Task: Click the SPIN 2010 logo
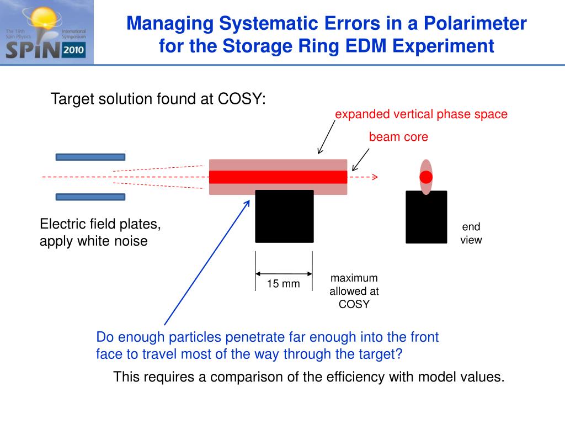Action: pyautogui.click(x=46, y=32)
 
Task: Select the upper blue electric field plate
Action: pyautogui.click(x=90, y=157)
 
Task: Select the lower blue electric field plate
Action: pyautogui.click(x=90, y=197)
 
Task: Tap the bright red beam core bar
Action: pyautogui.click(x=278, y=177)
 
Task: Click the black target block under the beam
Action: pyautogui.click(x=284, y=216)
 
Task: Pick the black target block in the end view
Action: pyautogui.click(x=426, y=217)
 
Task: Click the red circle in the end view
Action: pyautogui.click(x=426, y=177)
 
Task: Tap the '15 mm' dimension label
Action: pyautogui.click(x=283, y=284)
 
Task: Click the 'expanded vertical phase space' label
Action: pyautogui.click(x=421, y=114)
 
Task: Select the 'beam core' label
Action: pyautogui.click(x=398, y=137)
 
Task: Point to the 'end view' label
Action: pyautogui.click(x=471, y=233)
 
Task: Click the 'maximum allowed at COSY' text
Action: pyautogui.click(x=354, y=291)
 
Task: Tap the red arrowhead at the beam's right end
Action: pyautogui.click(x=375, y=177)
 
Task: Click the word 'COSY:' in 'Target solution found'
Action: pyautogui.click(x=242, y=99)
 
